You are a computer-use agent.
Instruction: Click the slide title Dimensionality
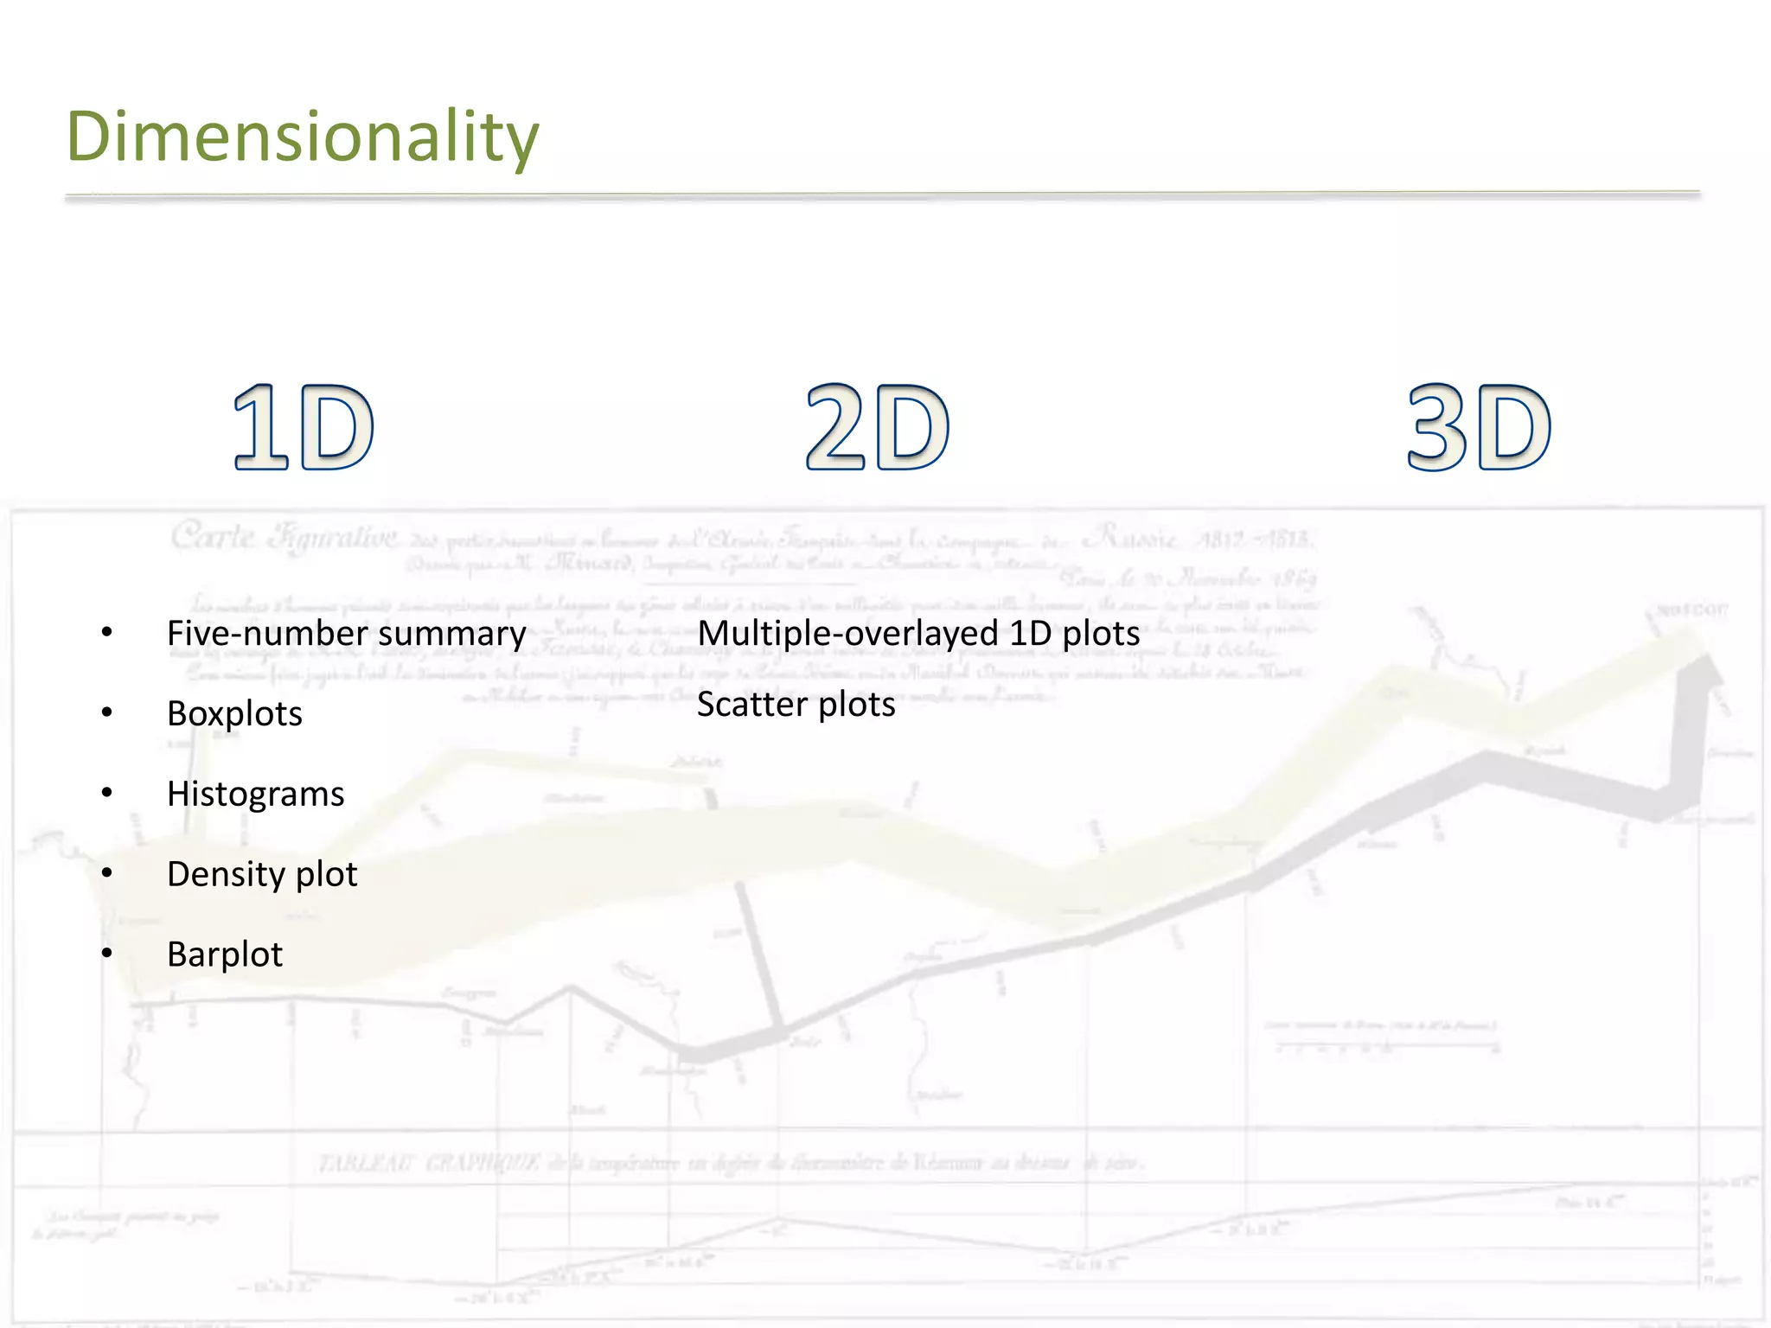tap(303, 137)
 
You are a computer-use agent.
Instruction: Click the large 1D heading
tap(304, 427)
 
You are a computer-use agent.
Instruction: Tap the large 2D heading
tap(877, 427)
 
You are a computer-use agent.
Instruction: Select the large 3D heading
tap(1479, 427)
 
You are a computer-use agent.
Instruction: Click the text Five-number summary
tap(346, 634)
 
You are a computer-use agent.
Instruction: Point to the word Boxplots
tap(234, 714)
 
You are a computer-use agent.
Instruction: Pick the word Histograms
tap(255, 794)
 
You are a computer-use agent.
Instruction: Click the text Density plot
tap(261, 874)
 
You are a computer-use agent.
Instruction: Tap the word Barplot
tap(224, 954)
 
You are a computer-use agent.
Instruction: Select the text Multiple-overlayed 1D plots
tap(918, 634)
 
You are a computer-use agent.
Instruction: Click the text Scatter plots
tap(796, 705)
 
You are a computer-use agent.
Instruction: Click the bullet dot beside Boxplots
tap(107, 712)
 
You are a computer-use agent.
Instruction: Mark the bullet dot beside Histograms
tap(107, 793)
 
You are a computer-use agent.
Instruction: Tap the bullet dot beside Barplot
tap(107, 954)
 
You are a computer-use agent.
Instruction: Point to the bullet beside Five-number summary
tap(107, 632)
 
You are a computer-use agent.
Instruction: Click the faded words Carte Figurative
tap(284, 537)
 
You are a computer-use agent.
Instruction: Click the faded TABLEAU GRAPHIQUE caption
tap(429, 1164)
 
